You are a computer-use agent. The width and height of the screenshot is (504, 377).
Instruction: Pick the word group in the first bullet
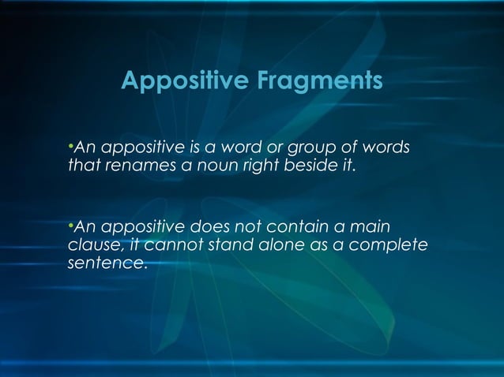(x=310, y=149)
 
